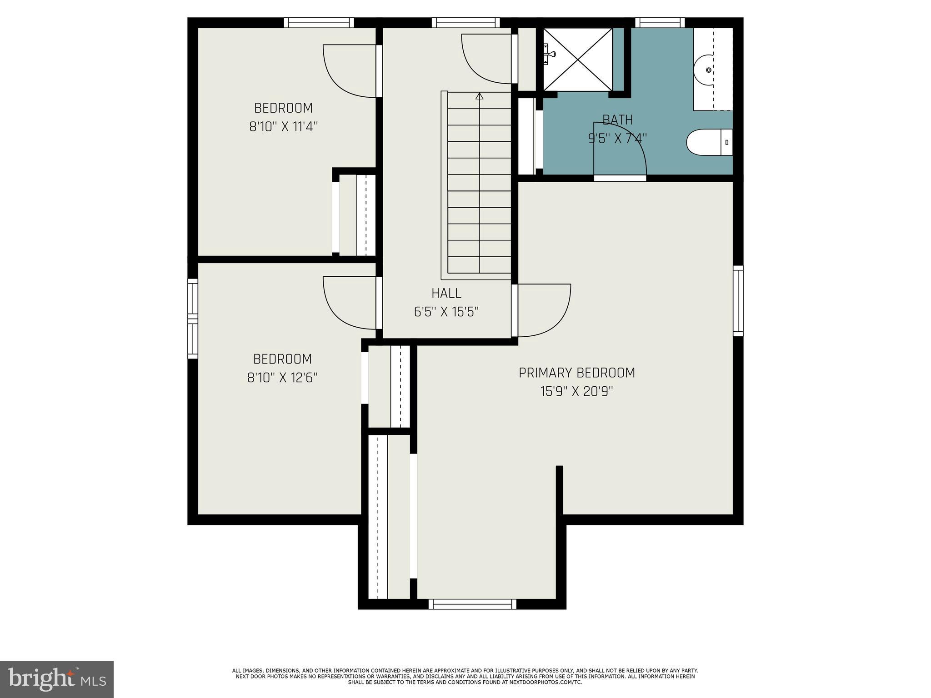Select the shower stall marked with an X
[x=577, y=59]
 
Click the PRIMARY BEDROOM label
[x=576, y=373]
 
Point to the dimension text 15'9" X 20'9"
[x=576, y=391]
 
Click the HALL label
[x=446, y=293]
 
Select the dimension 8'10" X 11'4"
[x=283, y=126]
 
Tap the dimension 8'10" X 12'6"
[x=282, y=377]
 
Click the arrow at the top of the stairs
[x=479, y=96]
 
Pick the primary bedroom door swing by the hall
[x=543, y=310]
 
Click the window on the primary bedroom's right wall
[x=738, y=301]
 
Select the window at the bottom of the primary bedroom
[x=472, y=604]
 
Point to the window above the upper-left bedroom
[x=319, y=23]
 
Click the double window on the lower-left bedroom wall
[x=193, y=318]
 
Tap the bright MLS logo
[x=57, y=679]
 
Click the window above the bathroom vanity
[x=659, y=23]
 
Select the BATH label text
[x=617, y=120]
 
